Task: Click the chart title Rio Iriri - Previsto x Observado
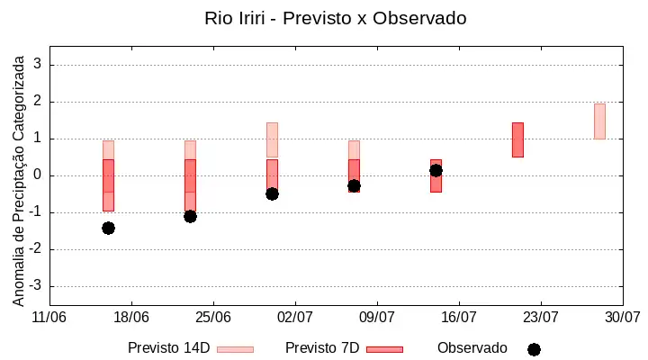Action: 336,18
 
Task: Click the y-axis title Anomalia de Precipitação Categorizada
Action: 18,181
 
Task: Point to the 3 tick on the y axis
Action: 38,64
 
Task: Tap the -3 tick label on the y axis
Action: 35,285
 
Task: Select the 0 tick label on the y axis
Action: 38,175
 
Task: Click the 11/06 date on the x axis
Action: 49,318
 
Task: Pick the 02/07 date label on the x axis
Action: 295,318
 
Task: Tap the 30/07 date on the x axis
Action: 623,318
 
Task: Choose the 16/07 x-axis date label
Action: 459,318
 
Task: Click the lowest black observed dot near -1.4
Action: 108,229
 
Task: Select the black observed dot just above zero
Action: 436,171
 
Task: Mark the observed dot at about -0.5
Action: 272,193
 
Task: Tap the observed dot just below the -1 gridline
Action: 190,216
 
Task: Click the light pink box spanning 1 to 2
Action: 599,121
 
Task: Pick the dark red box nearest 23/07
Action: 517,139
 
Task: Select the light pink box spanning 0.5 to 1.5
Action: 272,139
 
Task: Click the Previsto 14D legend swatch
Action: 235,350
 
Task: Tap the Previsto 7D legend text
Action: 322,348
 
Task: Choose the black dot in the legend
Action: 534,350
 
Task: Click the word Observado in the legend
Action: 472,348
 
